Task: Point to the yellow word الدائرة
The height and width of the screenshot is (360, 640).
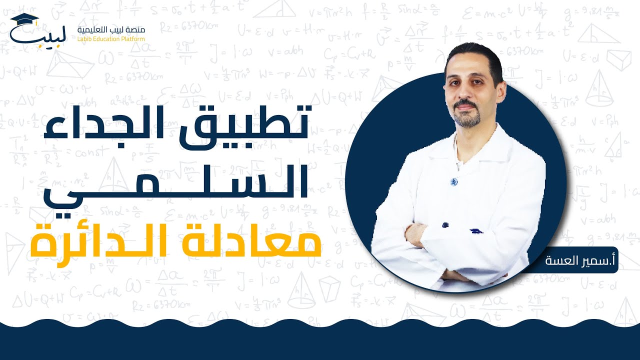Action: coord(100,240)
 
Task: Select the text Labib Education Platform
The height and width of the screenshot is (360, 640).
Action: coord(111,38)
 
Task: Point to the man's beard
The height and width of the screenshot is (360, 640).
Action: coord(467,117)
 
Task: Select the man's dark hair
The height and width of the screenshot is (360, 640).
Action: coord(472,55)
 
